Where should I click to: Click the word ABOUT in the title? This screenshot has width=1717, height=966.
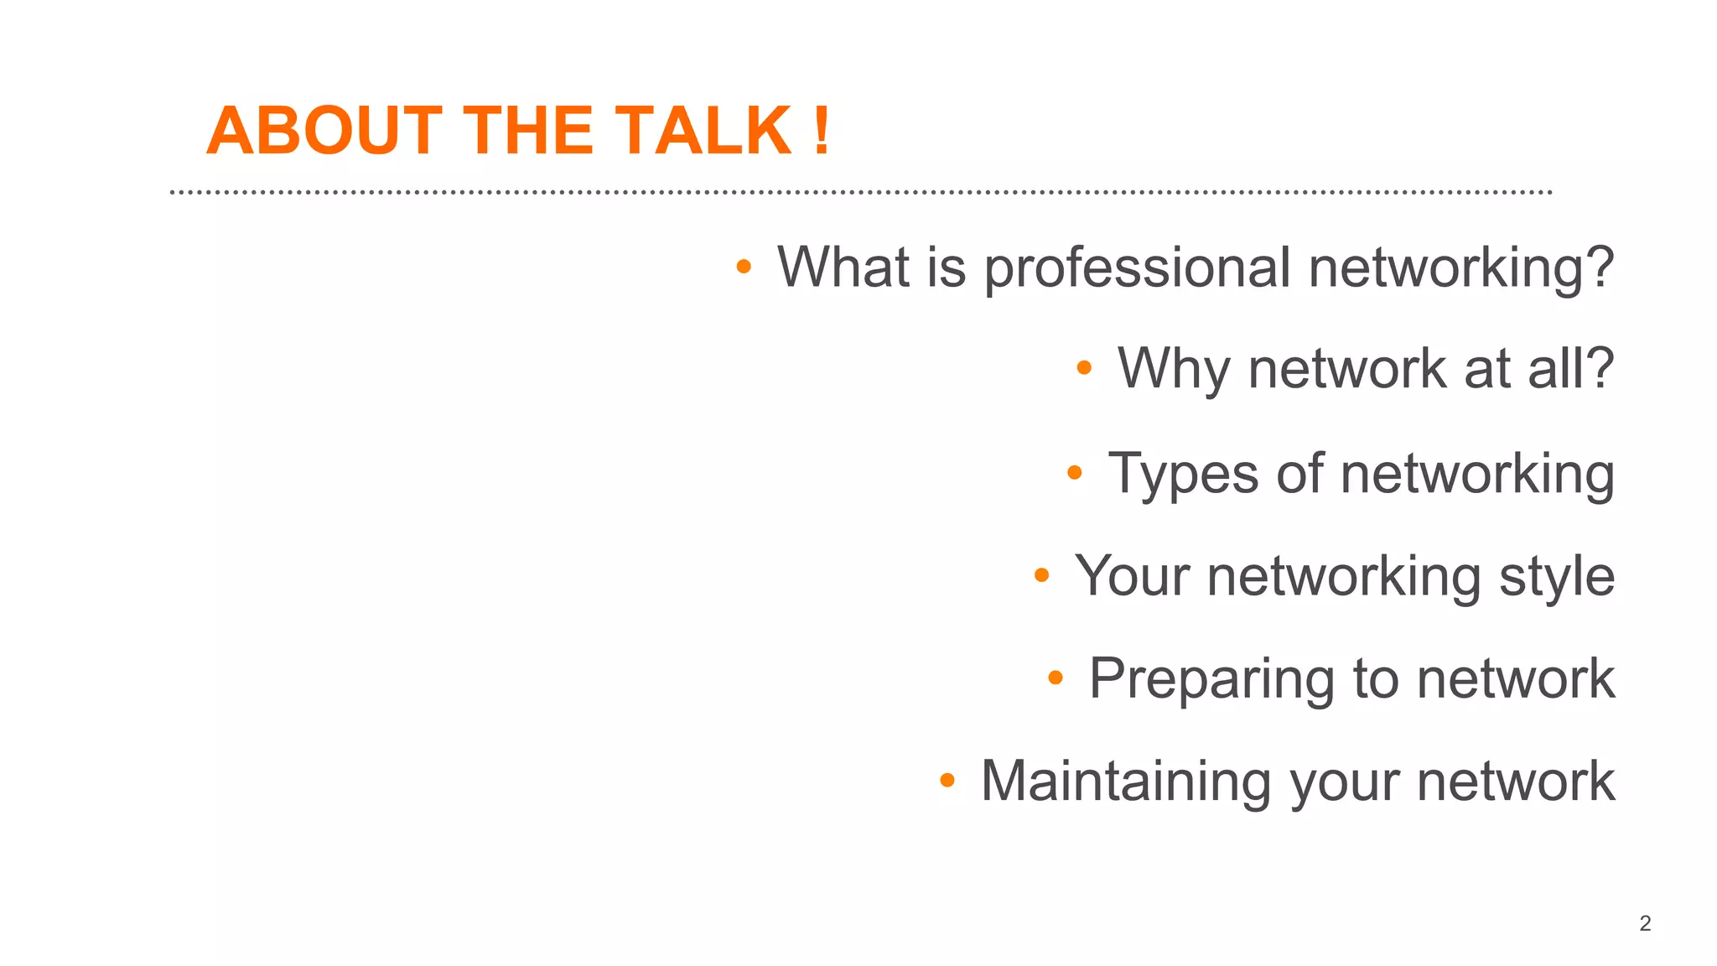[324, 131]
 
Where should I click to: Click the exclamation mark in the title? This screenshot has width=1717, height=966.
[822, 131]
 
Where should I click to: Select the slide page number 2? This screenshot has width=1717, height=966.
[1645, 923]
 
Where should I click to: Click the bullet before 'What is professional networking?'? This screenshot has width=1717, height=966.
[743, 267]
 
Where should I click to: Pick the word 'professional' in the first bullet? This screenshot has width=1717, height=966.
[1136, 268]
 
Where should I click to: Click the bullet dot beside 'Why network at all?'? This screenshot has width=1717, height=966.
[1083, 367]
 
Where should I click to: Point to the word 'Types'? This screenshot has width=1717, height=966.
[1183, 474]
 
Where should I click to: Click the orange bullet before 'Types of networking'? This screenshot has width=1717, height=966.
[1074, 473]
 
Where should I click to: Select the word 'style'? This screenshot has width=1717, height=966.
[1556, 577]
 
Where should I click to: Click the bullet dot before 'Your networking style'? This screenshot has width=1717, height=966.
[1041, 575]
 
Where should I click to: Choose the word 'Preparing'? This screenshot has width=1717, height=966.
[1211, 679]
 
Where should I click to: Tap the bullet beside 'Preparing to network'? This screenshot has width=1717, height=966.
[1056, 678]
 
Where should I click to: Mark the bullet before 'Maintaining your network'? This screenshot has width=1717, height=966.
[947, 781]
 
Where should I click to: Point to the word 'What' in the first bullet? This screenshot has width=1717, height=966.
[843, 267]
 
